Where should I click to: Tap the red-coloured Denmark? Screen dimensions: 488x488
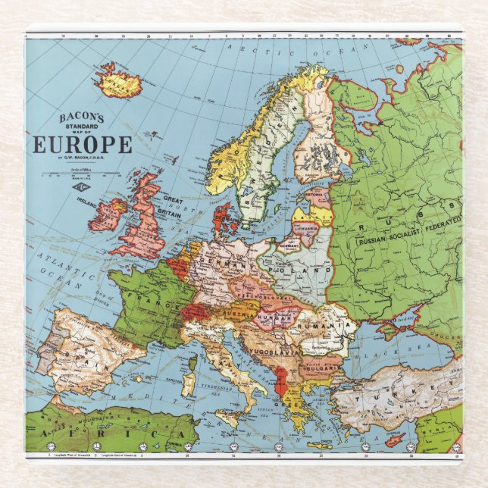[224, 217]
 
